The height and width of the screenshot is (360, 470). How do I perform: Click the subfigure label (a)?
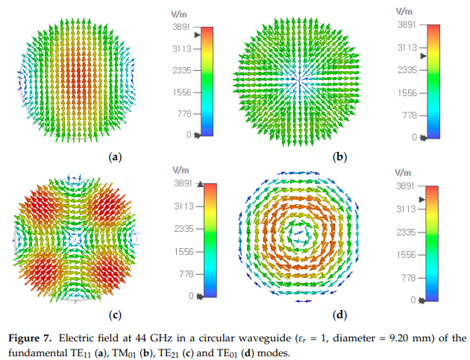click(115, 157)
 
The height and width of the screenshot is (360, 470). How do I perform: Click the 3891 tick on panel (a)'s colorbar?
click(182, 28)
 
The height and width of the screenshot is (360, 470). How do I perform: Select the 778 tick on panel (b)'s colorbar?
click(407, 116)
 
